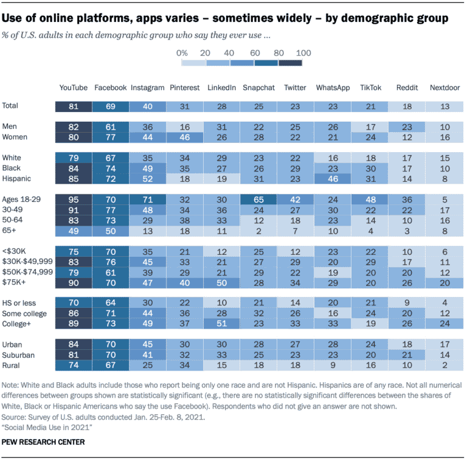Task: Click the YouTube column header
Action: (x=73, y=88)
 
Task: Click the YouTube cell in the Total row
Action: (x=73, y=106)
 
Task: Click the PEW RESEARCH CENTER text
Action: (x=43, y=442)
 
